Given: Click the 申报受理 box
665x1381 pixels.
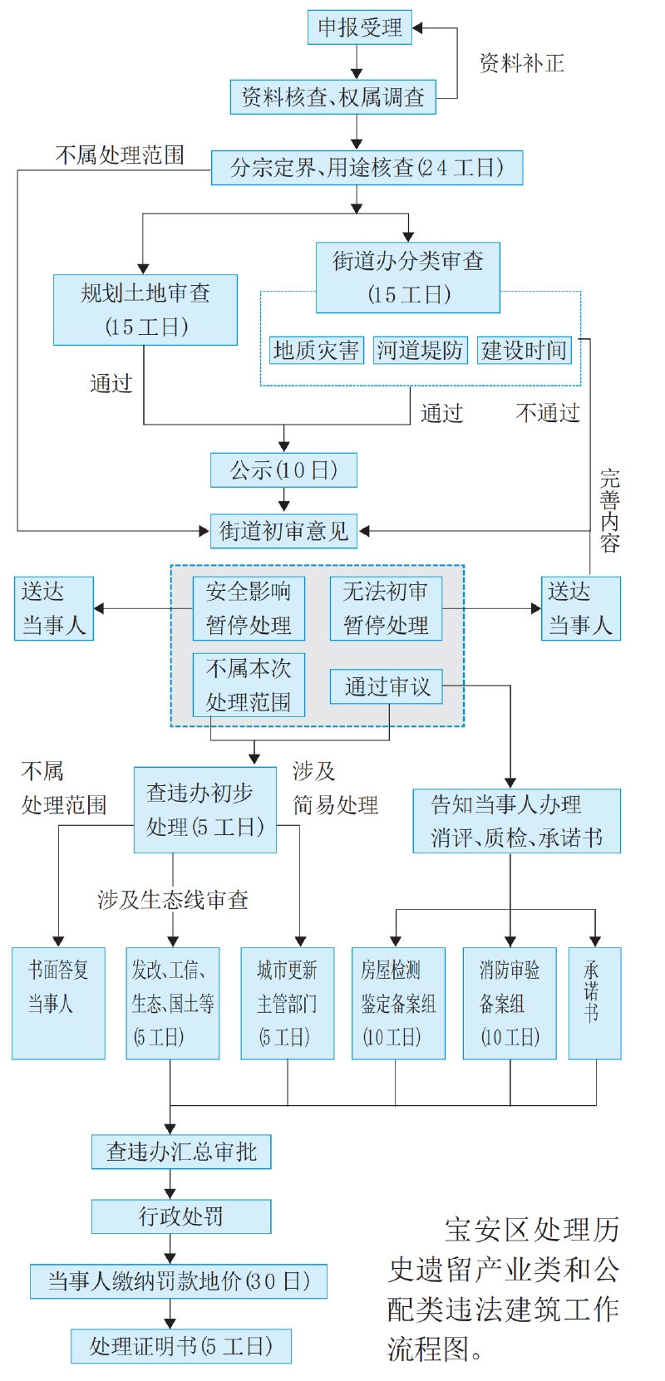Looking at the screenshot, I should (359, 27).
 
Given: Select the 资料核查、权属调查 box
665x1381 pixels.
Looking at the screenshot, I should (332, 97).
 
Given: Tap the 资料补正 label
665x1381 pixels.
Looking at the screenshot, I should (521, 63).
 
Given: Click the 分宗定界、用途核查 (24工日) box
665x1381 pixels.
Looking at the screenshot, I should (367, 168).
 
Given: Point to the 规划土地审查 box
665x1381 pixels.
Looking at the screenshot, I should (145, 310).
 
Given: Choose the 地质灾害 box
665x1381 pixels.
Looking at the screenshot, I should (316, 350).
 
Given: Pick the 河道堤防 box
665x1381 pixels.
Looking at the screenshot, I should (420, 350).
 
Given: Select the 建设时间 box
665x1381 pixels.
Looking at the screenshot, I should (525, 350).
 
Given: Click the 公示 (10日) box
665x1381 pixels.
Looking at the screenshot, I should (283, 470).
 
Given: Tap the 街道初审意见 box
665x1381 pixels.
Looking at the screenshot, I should (283, 531).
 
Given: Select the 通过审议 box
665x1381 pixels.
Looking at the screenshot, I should (387, 687).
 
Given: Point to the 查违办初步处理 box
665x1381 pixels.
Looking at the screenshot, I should (205, 810).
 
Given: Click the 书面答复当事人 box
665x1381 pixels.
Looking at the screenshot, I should (58, 1003).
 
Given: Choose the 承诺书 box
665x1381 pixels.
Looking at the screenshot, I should (594, 1003).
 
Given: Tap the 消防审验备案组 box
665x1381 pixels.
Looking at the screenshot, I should (510, 1003).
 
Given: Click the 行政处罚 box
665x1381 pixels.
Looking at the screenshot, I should (181, 1216).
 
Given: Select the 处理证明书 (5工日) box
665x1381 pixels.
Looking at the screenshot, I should (181, 1346).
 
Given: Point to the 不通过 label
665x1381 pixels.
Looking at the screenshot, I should (547, 413).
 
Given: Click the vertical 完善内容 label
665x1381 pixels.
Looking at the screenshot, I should (610, 511).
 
